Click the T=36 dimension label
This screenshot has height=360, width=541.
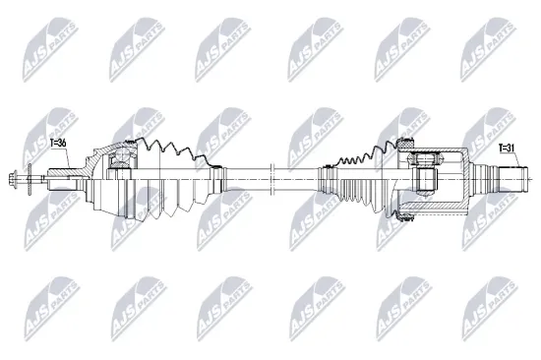click(58, 144)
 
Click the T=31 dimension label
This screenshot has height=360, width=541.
click(507, 149)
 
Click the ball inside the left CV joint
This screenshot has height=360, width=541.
click(121, 153)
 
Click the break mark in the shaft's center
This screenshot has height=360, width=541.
click(270, 177)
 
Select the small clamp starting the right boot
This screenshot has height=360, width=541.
click(320, 177)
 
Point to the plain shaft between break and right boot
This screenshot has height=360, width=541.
click(295, 177)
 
